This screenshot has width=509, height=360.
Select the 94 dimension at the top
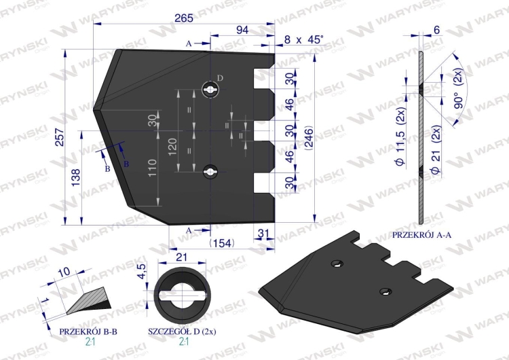(x=242, y=30)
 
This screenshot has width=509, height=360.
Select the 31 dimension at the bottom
(x=264, y=233)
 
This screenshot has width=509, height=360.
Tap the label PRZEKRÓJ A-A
(x=423, y=234)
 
